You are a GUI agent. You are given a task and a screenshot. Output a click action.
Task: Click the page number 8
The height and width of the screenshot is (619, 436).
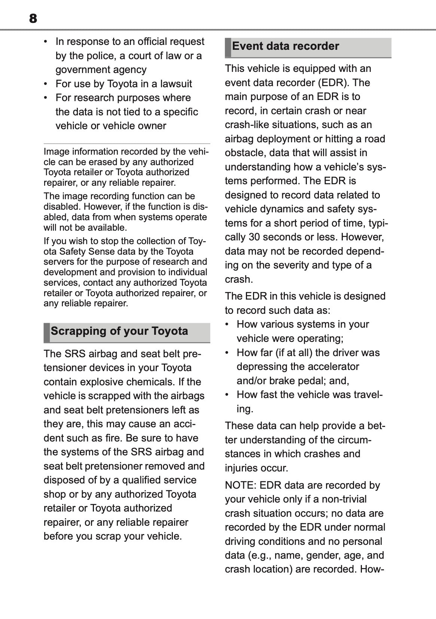coord(33,18)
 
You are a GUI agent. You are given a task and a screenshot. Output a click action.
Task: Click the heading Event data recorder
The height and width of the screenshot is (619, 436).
coord(285,46)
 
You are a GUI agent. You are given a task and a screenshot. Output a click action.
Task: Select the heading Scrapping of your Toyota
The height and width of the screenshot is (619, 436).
coord(119,331)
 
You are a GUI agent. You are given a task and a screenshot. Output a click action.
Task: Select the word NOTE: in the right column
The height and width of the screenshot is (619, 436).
coord(240,485)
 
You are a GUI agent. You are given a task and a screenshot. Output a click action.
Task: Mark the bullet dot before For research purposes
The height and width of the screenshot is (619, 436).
coord(46,98)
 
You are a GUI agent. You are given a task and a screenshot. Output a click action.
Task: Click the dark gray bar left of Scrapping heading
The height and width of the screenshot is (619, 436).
coord(47,332)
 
